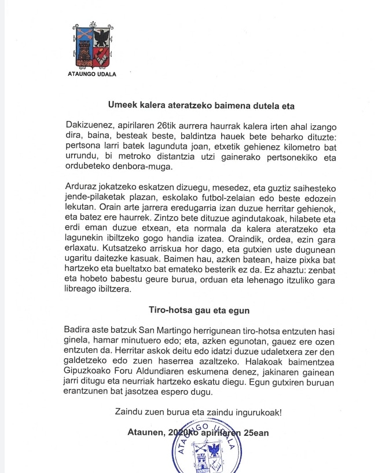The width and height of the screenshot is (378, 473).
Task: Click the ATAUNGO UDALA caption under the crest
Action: tap(92, 74)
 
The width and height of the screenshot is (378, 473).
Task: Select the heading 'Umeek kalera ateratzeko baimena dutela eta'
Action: tap(201, 105)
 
